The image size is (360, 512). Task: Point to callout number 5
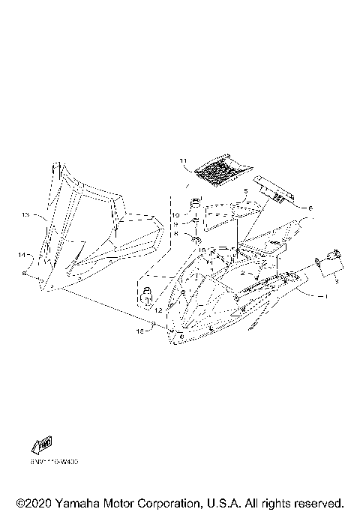tap(244, 192)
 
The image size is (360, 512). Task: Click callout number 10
tap(176, 214)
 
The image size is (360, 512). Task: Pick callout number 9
tap(176, 223)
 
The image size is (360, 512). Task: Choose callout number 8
tap(176, 233)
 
